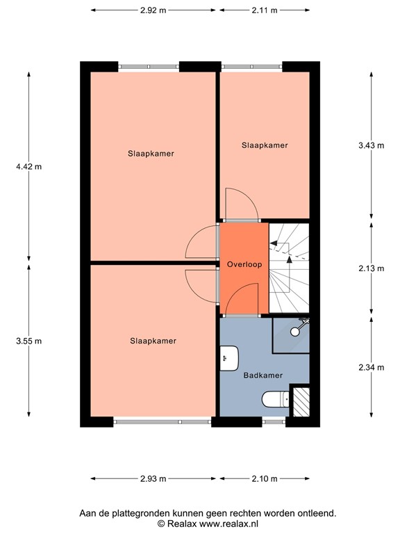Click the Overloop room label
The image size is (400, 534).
[243, 265]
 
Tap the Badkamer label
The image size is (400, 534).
[262, 375]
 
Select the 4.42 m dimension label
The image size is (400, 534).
[28, 166]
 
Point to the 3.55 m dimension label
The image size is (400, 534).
[28, 341]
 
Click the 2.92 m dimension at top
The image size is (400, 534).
[153, 10]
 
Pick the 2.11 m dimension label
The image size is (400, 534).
[264, 10]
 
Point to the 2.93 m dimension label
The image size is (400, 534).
[153, 478]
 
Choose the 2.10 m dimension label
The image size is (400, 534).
[264, 478]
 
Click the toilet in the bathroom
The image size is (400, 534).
[275, 398]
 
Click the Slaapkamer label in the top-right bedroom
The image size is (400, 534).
[265, 145]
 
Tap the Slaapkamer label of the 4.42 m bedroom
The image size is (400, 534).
[151, 154]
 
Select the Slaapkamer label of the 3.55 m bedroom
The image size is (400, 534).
[153, 341]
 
